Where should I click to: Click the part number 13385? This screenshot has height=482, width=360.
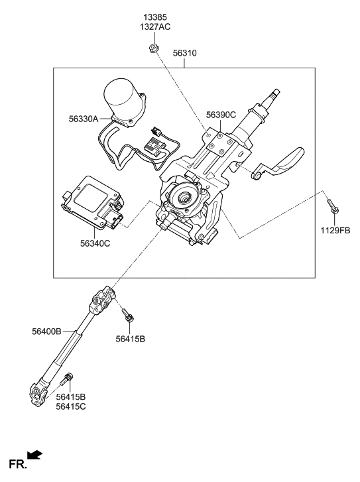(155, 15)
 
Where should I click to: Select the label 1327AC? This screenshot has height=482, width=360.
(155, 27)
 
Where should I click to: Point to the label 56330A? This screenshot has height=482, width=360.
(82, 119)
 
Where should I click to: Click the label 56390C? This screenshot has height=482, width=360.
(221, 115)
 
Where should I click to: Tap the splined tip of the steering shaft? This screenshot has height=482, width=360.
(273, 97)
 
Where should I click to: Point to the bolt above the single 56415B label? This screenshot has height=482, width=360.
(128, 315)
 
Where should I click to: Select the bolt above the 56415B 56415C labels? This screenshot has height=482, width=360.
(65, 381)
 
